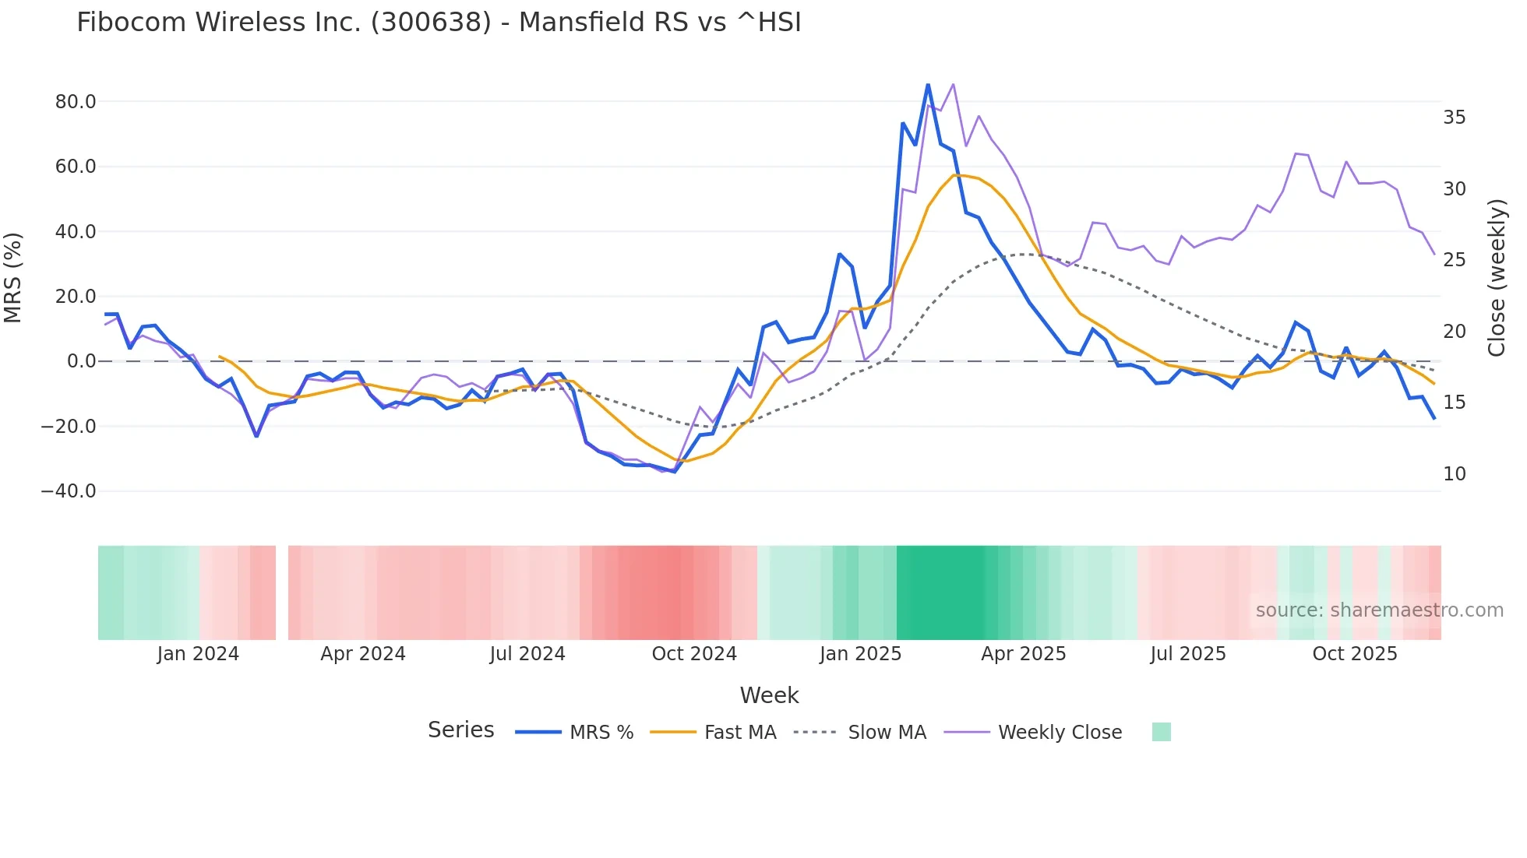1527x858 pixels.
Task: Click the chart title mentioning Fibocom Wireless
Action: point(439,23)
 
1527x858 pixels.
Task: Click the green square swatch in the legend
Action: point(1161,732)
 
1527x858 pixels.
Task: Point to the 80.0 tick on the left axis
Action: point(76,102)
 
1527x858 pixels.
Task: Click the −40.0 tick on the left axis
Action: point(69,491)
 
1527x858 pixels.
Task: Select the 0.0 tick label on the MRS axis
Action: point(82,361)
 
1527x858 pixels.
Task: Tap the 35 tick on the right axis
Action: point(1454,118)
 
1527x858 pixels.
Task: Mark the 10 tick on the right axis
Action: point(1454,474)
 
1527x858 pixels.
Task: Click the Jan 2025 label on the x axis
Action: point(860,654)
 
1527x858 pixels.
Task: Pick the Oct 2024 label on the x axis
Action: point(694,654)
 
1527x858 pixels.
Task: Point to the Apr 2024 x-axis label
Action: point(363,654)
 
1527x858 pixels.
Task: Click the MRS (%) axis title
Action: point(13,277)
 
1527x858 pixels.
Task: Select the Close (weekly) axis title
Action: point(1496,278)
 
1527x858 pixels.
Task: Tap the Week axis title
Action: point(769,695)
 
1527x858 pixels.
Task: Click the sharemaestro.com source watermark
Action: point(1379,610)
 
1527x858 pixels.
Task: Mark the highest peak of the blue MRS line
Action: point(928,84)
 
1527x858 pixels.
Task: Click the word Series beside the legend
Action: point(460,730)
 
